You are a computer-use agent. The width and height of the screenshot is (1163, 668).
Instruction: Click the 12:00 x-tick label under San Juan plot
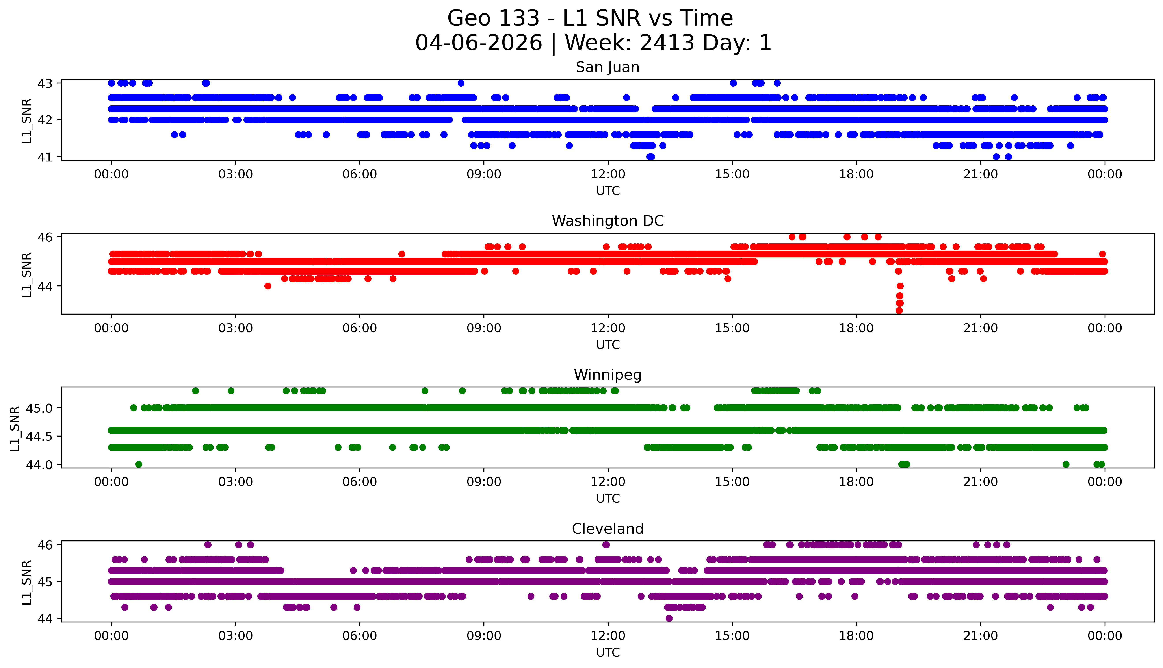coord(608,174)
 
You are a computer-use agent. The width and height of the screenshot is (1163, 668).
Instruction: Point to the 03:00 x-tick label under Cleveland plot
coord(236,636)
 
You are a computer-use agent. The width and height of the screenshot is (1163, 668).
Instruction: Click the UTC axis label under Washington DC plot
coord(608,344)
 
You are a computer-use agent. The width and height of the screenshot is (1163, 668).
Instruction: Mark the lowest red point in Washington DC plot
coord(899,311)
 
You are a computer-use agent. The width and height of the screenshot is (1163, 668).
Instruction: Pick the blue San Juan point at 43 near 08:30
coord(461,83)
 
